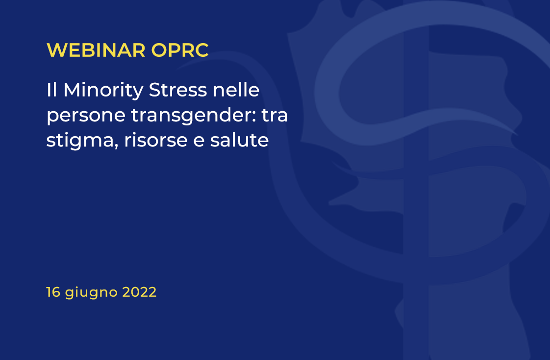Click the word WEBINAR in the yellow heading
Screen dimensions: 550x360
point(96,50)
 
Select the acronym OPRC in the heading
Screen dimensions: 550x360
point(180,50)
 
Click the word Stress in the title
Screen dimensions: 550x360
point(178,90)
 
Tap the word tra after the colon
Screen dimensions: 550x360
point(275,115)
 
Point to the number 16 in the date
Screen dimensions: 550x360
point(53,292)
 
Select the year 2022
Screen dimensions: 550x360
point(139,292)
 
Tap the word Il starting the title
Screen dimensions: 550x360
point(51,90)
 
